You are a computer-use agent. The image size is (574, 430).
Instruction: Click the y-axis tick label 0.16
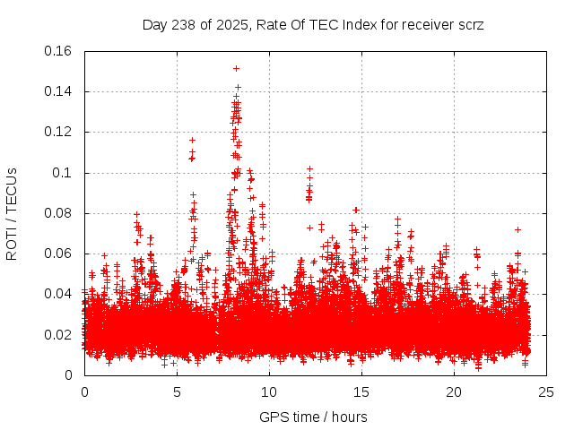pyautogui.click(x=59, y=51)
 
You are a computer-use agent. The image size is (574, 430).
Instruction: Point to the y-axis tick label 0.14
pyautogui.click(x=59, y=91)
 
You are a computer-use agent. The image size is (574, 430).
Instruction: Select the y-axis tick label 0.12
pyautogui.click(x=59, y=132)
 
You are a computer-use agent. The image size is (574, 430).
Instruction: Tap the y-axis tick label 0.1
pyautogui.click(x=63, y=172)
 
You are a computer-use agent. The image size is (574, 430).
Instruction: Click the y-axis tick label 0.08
pyautogui.click(x=59, y=213)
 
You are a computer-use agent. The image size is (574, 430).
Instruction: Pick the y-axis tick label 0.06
pyautogui.click(x=59, y=254)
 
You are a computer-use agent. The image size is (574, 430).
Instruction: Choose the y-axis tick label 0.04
pyautogui.click(x=59, y=294)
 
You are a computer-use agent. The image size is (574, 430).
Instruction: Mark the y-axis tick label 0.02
pyautogui.click(x=59, y=334)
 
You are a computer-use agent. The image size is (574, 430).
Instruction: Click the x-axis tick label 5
pyautogui.click(x=177, y=391)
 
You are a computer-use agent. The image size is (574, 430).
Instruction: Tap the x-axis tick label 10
pyautogui.click(x=269, y=391)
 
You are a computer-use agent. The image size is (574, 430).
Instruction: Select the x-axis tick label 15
pyautogui.click(x=361, y=391)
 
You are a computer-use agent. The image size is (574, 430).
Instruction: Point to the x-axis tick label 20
pyautogui.click(x=454, y=391)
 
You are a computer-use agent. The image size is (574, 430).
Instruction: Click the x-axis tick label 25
pyautogui.click(x=546, y=391)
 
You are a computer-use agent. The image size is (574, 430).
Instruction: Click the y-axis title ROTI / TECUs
pyautogui.click(x=13, y=213)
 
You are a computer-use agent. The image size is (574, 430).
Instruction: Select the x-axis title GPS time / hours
pyautogui.click(x=313, y=417)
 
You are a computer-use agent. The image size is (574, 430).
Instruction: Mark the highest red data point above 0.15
pyautogui.click(x=236, y=68)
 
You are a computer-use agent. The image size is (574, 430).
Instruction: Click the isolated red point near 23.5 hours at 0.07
pyautogui.click(x=517, y=230)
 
